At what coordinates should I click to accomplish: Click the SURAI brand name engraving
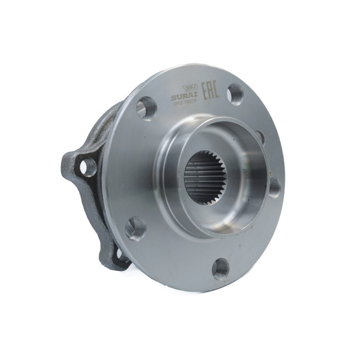[x=185, y=97]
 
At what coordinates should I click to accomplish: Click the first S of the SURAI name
[x=173, y=98]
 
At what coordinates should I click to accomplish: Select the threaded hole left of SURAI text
[x=146, y=107]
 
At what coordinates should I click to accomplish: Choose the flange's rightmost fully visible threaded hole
[x=274, y=187]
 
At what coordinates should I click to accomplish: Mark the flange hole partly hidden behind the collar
[x=260, y=136]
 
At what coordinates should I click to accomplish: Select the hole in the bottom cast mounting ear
[x=121, y=255]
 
